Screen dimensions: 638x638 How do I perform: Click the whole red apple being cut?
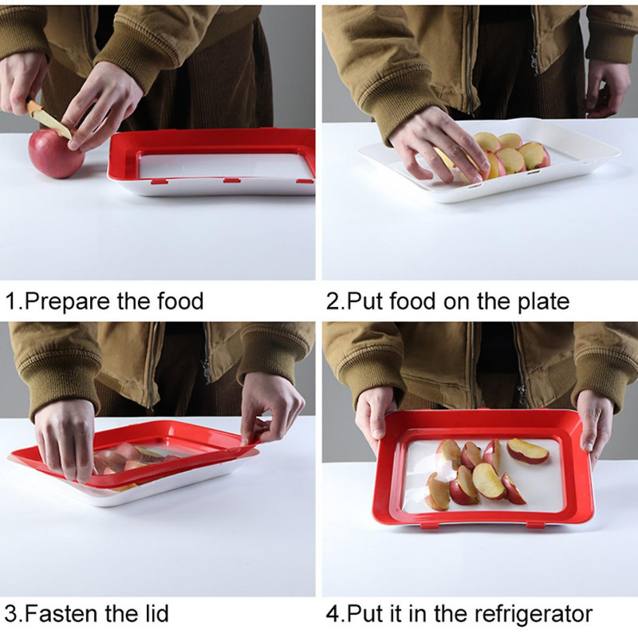[55, 153]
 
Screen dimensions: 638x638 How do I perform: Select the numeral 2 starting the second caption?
[332, 302]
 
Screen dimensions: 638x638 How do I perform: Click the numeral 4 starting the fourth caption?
[332, 614]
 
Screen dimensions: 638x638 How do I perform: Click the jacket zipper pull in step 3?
[206, 368]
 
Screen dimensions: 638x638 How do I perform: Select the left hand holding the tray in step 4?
[374, 415]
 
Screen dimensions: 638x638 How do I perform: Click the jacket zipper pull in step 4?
[522, 391]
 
